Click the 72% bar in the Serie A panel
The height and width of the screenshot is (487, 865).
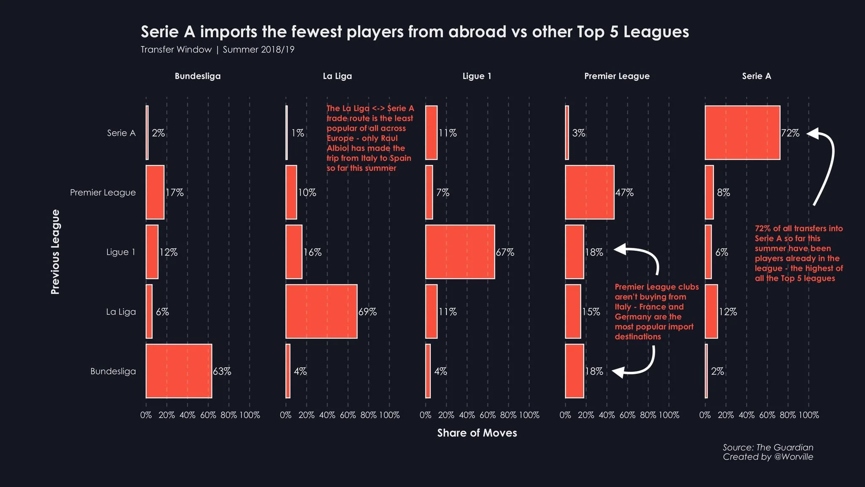pos(742,133)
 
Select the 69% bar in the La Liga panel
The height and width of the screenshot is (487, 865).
pos(321,312)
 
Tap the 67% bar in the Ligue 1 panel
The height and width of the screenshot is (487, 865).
pos(460,252)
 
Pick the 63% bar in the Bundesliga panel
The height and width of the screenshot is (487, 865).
pos(179,371)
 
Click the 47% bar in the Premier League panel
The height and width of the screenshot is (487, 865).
pos(590,192)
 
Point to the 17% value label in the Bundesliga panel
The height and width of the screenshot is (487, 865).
pos(174,193)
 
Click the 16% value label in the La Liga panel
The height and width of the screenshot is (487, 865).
pos(313,252)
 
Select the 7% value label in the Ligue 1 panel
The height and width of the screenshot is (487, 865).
pos(443,193)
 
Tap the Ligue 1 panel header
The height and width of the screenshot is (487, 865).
pos(477,76)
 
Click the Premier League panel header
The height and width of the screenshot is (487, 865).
pos(617,76)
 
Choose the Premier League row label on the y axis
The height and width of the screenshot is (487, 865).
pos(103,193)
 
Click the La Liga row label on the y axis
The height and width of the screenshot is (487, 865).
pos(121,312)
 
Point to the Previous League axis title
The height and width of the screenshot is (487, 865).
pos(55,252)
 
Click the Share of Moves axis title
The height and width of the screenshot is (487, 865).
pos(477,433)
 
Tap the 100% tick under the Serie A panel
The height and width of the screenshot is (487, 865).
pos(808,415)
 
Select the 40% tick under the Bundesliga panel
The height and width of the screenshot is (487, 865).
pos(187,415)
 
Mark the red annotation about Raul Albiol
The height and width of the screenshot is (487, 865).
pos(370,138)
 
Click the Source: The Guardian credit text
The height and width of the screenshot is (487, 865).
pos(767,447)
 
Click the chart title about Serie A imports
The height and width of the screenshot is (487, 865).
pos(414,32)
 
